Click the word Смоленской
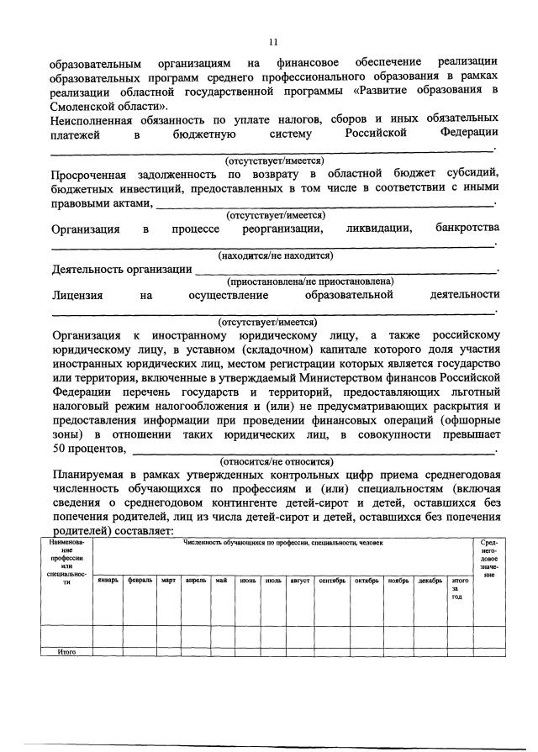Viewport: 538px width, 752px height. pos(82,108)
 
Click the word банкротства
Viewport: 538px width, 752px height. pos(467,229)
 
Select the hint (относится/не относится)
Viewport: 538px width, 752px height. pos(276,461)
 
